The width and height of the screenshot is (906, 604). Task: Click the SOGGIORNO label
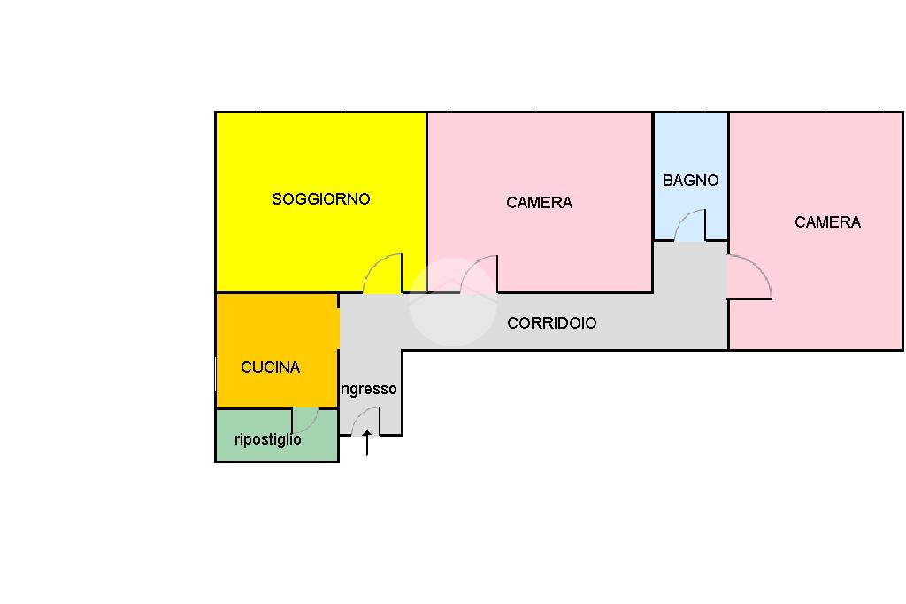point(320,199)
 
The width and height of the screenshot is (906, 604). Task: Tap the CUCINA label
point(270,368)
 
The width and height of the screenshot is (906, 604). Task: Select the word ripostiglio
point(267,439)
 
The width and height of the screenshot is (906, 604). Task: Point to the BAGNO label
point(690,181)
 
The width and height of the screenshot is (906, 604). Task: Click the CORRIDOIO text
point(551,323)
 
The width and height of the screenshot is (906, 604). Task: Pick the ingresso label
point(369,389)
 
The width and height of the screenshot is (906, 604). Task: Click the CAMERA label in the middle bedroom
point(539,203)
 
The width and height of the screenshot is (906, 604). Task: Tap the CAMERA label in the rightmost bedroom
point(827,222)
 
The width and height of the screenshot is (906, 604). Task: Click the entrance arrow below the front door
point(367,443)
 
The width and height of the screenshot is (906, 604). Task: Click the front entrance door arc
point(365,420)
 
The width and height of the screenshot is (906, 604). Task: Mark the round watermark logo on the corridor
point(452,302)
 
